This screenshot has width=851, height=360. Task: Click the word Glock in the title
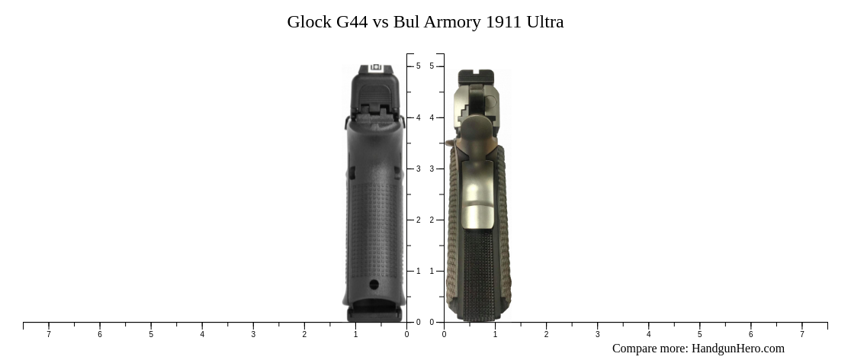pyautogui.click(x=309, y=22)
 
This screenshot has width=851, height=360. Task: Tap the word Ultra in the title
pyautogui.click(x=544, y=22)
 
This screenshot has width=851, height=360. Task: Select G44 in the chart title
pyautogui.click(x=352, y=22)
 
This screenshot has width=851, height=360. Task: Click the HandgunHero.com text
pyautogui.click(x=737, y=349)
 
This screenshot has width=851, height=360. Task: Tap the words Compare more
pyautogui.click(x=650, y=349)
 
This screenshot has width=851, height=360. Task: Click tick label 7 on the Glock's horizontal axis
pyautogui.click(x=49, y=334)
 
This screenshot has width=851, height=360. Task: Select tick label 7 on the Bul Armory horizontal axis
pyautogui.click(x=801, y=334)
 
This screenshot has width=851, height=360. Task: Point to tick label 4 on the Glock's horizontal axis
pyautogui.click(x=202, y=334)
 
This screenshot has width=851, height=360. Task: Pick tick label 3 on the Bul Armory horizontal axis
pyautogui.click(x=597, y=334)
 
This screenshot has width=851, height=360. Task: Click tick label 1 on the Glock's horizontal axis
pyautogui.click(x=355, y=334)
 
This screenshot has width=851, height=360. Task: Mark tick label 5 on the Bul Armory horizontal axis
pyautogui.click(x=699, y=334)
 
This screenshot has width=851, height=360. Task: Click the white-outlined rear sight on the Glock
pyautogui.click(x=375, y=69)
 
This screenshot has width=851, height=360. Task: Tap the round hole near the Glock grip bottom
pyautogui.click(x=374, y=284)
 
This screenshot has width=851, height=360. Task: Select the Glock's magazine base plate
pyautogui.click(x=374, y=313)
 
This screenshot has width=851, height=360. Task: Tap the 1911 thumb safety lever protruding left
pyautogui.click(x=450, y=143)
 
